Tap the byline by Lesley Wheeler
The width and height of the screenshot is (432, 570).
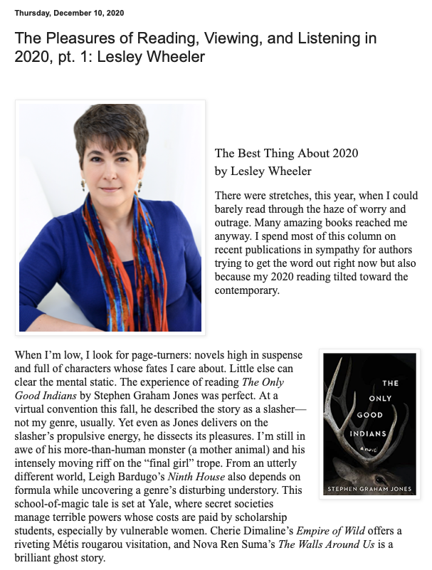tap(263, 171)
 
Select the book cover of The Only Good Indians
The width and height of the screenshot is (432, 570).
tap(369, 423)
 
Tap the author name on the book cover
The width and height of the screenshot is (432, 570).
tap(369, 489)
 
